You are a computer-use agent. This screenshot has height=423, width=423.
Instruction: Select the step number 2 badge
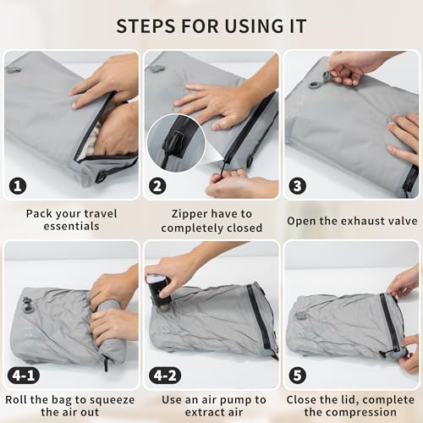click(158, 185)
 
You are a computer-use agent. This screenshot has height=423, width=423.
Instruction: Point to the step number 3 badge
click(298, 185)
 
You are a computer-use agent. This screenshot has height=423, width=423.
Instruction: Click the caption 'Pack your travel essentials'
click(71, 220)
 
